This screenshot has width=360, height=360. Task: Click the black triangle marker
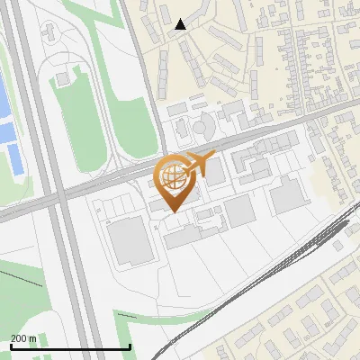click(181, 24)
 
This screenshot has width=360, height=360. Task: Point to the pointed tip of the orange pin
click(172, 211)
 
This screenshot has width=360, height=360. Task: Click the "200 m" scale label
click(23, 337)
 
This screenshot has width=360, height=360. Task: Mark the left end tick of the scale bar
click(10, 346)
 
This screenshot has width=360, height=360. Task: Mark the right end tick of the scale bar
click(130, 346)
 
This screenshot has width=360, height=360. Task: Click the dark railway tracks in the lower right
click(297, 252)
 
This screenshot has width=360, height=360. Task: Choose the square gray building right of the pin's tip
click(239, 211)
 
